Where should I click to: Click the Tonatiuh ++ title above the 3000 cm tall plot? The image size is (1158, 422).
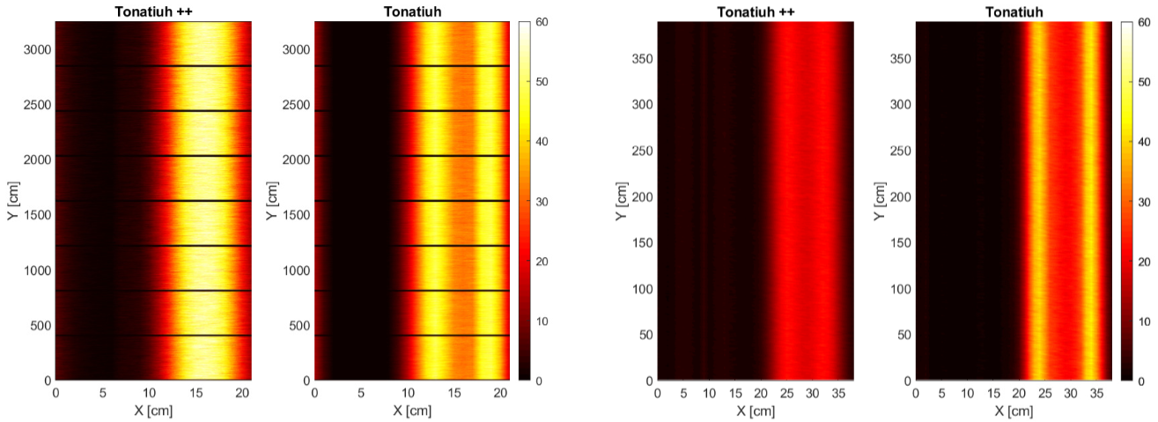(153, 11)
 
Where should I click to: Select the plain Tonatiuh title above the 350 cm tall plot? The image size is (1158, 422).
(1014, 11)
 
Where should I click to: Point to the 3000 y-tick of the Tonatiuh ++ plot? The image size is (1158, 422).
(37, 49)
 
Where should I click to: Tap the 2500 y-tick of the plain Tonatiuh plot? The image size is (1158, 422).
(296, 105)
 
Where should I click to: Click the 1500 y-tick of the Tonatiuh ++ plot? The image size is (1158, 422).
(37, 215)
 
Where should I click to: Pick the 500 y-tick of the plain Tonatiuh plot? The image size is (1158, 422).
(299, 326)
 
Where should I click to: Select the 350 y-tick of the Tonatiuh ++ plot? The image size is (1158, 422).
(642, 59)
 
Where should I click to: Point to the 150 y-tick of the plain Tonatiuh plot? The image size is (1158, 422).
(901, 242)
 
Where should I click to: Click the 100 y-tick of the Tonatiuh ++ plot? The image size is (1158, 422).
(642, 289)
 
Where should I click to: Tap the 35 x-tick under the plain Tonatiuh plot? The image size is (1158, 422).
(1096, 394)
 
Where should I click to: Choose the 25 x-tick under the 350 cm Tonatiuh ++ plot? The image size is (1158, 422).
(786, 394)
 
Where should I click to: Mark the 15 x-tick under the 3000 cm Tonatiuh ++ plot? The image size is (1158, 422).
(195, 393)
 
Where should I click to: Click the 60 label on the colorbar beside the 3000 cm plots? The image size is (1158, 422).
(542, 22)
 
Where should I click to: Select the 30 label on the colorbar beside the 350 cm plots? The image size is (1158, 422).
(1145, 203)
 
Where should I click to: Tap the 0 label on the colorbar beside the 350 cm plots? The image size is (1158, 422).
(1141, 381)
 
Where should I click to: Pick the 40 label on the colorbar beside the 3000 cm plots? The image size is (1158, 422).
(542, 142)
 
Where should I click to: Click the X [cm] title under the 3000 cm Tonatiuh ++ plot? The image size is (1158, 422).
(153, 411)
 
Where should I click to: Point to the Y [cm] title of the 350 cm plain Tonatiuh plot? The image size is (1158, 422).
(880, 201)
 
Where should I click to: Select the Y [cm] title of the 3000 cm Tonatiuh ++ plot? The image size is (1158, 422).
(13, 201)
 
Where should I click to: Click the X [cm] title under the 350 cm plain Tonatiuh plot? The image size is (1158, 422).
(1014, 411)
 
